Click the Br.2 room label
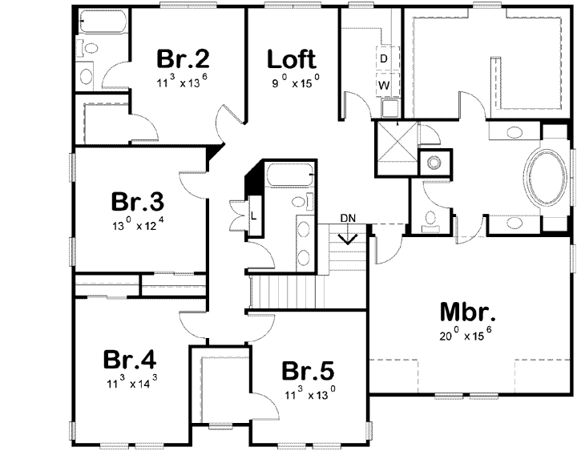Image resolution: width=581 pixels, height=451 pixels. [183, 58]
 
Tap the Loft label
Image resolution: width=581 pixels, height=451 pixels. [292, 58]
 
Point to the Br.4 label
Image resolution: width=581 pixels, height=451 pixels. [128, 358]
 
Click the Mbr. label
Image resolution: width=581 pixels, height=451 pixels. [467, 311]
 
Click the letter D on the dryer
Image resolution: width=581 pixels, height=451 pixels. [384, 58]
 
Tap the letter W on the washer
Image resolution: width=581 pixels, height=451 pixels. [384, 84]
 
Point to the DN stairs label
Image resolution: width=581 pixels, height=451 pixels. [348, 218]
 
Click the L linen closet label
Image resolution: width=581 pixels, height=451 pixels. [253, 215]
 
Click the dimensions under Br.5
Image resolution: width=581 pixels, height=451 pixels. [308, 393]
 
